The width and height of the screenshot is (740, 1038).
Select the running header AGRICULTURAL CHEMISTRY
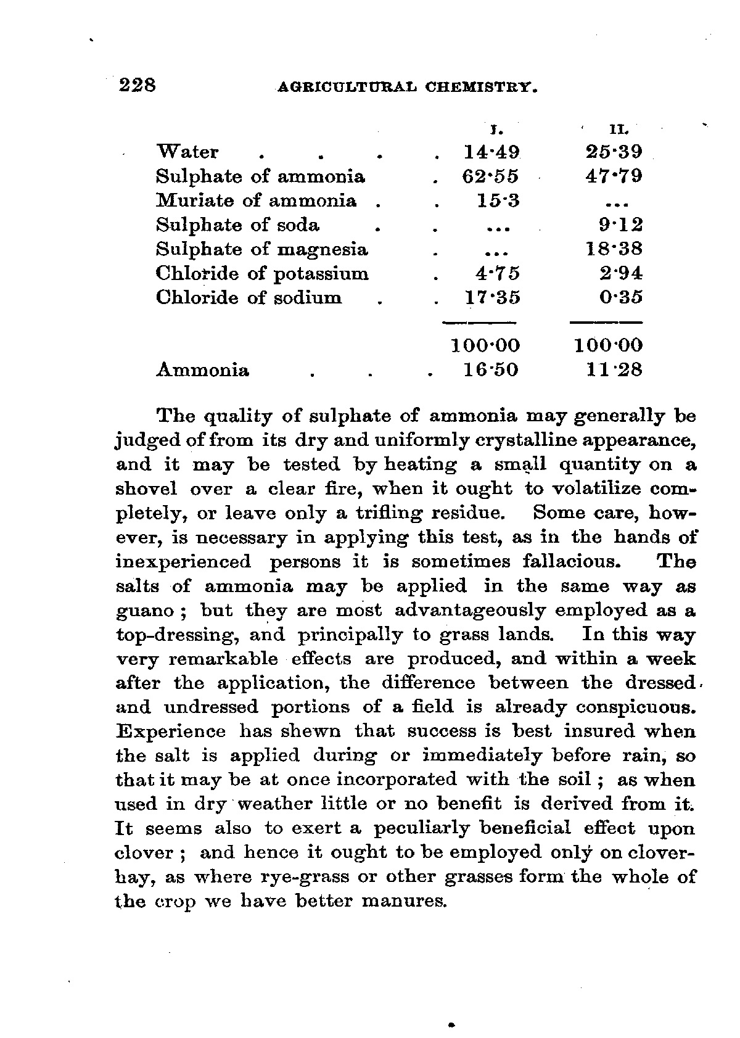(408, 88)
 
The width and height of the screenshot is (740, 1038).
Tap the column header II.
(617, 130)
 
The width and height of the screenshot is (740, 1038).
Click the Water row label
(187, 152)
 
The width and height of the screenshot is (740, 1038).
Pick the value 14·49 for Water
(491, 152)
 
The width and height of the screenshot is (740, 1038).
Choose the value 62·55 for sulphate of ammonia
(491, 177)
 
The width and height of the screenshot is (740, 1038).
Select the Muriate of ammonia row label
(257, 201)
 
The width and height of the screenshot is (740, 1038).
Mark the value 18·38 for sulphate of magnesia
(614, 249)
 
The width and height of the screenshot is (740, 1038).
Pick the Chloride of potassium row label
(262, 273)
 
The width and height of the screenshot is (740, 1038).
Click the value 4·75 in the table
(499, 273)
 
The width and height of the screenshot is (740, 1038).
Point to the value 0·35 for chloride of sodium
(622, 297)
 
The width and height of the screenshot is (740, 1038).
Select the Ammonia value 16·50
(491, 370)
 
